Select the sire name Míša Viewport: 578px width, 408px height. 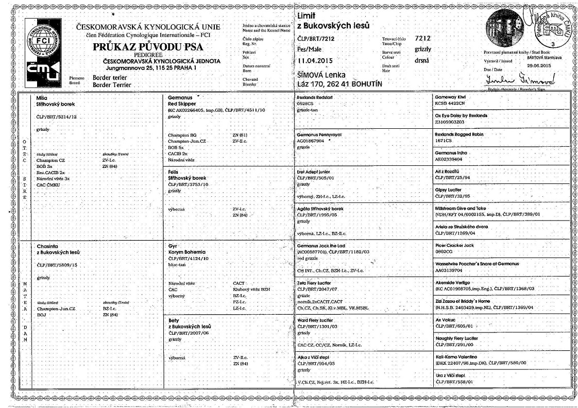(x=43, y=97)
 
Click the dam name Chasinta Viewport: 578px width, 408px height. (x=49, y=246)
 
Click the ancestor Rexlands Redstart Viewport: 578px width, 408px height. (x=317, y=97)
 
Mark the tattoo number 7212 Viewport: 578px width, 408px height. (x=423, y=39)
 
